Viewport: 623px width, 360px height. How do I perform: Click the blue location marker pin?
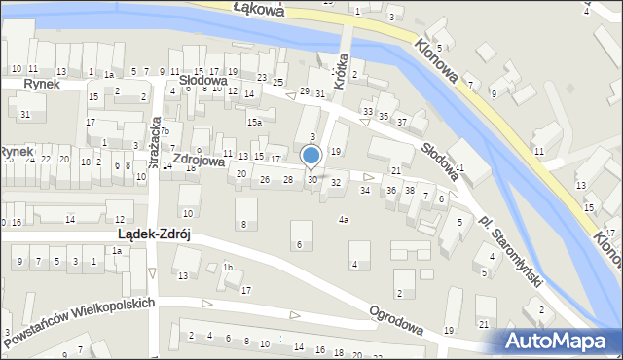point(311,156)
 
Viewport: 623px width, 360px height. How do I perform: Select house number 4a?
point(343,220)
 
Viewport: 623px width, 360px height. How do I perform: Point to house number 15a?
point(254,122)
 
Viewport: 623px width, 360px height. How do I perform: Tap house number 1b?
point(228,268)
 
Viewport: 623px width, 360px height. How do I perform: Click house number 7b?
point(165,131)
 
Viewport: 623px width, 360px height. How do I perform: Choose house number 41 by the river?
point(458,167)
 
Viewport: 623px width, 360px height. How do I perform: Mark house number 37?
point(401,122)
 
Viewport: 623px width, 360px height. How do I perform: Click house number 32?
point(336,182)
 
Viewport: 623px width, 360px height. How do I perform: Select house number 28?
point(288,180)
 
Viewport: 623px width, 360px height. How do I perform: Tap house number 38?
point(410,190)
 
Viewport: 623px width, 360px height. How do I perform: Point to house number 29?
point(305,90)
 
